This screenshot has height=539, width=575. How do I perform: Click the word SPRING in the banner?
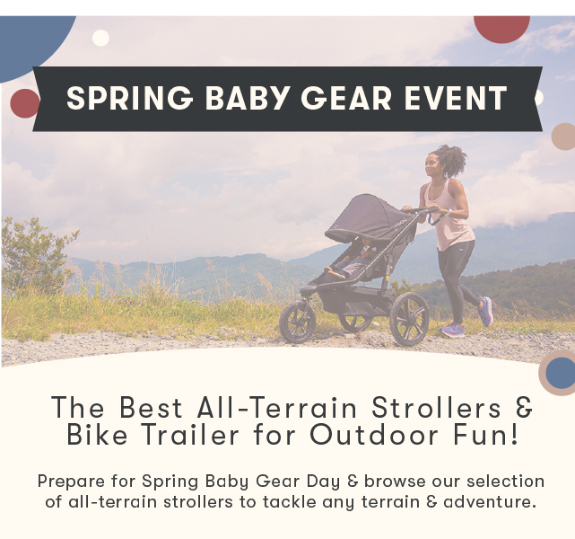click(x=130, y=98)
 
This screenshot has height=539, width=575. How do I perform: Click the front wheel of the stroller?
click(x=298, y=323)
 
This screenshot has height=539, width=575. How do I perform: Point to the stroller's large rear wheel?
click(x=409, y=319)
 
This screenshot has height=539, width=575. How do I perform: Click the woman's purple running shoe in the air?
click(x=485, y=312)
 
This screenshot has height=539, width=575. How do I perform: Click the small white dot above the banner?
click(x=100, y=38)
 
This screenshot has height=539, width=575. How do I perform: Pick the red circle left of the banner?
click(x=24, y=103)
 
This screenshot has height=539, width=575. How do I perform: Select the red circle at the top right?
click(x=501, y=28)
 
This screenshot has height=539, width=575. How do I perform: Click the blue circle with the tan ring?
click(x=560, y=372)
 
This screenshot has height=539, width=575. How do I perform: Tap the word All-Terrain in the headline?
click(x=277, y=407)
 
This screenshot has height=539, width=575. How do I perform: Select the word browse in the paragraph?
click(x=395, y=481)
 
